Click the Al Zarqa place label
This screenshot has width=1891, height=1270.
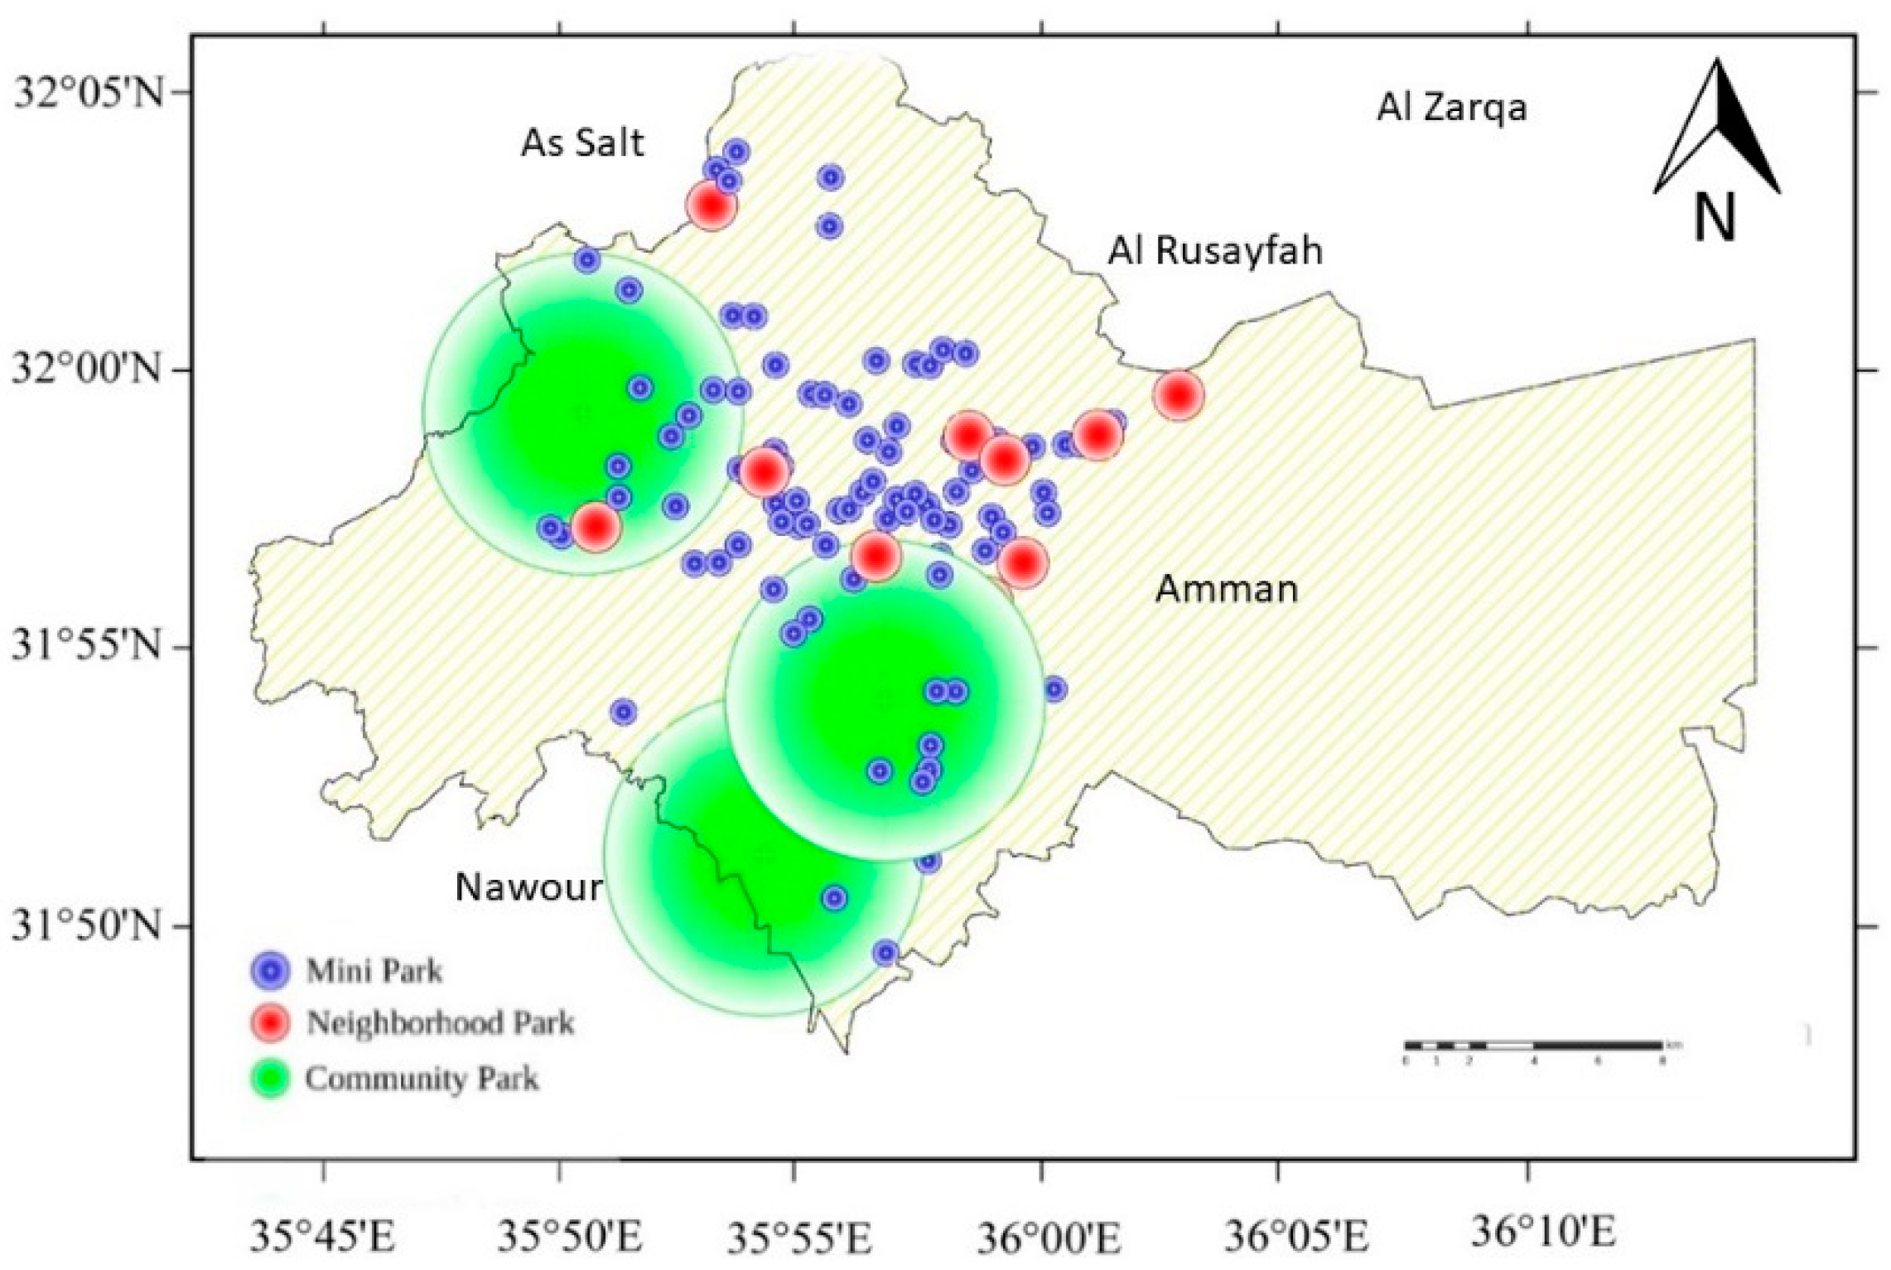pyautogui.click(x=1451, y=108)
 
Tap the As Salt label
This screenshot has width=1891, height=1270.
pyautogui.click(x=581, y=143)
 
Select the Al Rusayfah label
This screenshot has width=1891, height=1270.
pyautogui.click(x=1215, y=250)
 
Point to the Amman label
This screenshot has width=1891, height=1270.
pyautogui.click(x=1226, y=589)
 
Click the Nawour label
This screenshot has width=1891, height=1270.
pyautogui.click(x=528, y=887)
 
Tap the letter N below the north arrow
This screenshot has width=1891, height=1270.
pyautogui.click(x=1714, y=217)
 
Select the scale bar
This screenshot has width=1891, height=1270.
pyautogui.click(x=1533, y=1045)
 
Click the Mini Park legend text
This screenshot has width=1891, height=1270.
pyautogui.click(x=374, y=971)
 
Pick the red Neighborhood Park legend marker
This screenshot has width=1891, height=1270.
pyautogui.click(x=270, y=1023)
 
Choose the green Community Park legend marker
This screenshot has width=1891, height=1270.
pyautogui.click(x=270, y=1079)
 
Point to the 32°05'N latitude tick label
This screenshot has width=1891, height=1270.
pyautogui.click(x=88, y=93)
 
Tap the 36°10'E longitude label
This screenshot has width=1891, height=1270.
pyautogui.click(x=1542, y=1232)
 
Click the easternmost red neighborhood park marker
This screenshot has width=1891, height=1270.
pyautogui.click(x=1177, y=396)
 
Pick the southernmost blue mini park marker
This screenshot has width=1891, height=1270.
pyautogui.click(x=885, y=953)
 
